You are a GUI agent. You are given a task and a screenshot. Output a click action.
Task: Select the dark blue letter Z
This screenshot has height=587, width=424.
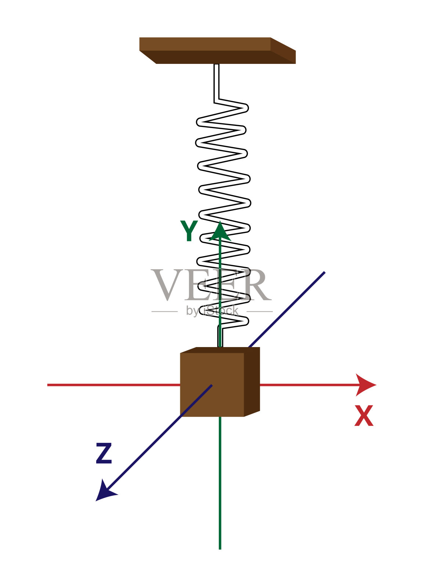click(x=104, y=454)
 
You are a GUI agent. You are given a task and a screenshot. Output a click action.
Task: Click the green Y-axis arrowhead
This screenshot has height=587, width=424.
click(x=220, y=232)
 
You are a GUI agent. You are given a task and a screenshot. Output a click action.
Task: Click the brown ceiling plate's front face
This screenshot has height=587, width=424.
click(x=205, y=44)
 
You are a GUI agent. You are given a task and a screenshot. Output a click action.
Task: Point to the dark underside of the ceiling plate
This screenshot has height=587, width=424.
click(x=217, y=57)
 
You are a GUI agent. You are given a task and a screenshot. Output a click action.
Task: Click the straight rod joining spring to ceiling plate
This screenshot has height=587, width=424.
click(x=217, y=81)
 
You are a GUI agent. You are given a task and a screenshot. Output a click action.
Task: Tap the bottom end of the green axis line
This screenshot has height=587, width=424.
click(x=220, y=548)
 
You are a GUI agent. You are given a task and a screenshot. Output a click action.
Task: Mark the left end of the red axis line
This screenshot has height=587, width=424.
click(x=49, y=385)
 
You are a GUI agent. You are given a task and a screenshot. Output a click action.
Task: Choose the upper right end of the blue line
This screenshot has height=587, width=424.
click(x=324, y=273)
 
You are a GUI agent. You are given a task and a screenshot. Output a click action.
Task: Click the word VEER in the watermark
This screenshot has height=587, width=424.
click(x=211, y=285)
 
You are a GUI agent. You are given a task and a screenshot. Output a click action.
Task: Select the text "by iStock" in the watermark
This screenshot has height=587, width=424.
click(x=212, y=311)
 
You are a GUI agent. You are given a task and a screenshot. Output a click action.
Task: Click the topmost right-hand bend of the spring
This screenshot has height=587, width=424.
click(x=245, y=108)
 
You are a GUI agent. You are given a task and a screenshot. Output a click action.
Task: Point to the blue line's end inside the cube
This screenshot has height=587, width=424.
click(x=211, y=385)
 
